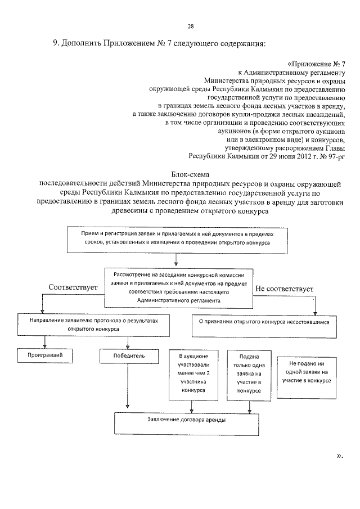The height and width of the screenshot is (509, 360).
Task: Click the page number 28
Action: [x=190, y=26]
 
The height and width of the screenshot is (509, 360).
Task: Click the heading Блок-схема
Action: [x=190, y=175]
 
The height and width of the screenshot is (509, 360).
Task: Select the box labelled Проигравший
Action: [x=45, y=355]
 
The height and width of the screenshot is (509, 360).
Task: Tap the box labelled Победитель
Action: [x=130, y=355]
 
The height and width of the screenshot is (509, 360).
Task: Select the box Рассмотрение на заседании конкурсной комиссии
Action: [x=178, y=287]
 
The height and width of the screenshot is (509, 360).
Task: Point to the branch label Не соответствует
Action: [x=285, y=289]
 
